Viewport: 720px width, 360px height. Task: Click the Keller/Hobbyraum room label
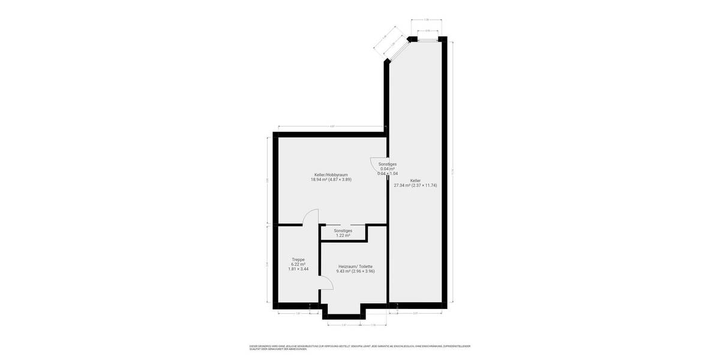pos(331,175)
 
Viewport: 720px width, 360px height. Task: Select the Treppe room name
pos(298,259)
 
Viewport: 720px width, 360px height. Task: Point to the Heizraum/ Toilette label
pos(356,266)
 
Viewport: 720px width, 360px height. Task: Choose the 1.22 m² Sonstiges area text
pos(343,235)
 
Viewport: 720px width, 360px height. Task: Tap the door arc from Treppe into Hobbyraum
pos(310,217)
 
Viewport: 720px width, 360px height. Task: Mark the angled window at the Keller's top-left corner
pos(395,50)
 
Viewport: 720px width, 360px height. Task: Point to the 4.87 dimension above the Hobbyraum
pos(332,126)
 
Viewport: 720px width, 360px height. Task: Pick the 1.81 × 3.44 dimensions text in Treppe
pos(298,269)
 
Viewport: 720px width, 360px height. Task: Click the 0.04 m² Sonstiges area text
pos(387,169)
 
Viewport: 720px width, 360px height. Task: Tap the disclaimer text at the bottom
pos(360,347)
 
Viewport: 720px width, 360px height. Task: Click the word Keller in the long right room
pos(415,180)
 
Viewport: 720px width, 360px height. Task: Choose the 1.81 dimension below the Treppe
pos(298,314)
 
